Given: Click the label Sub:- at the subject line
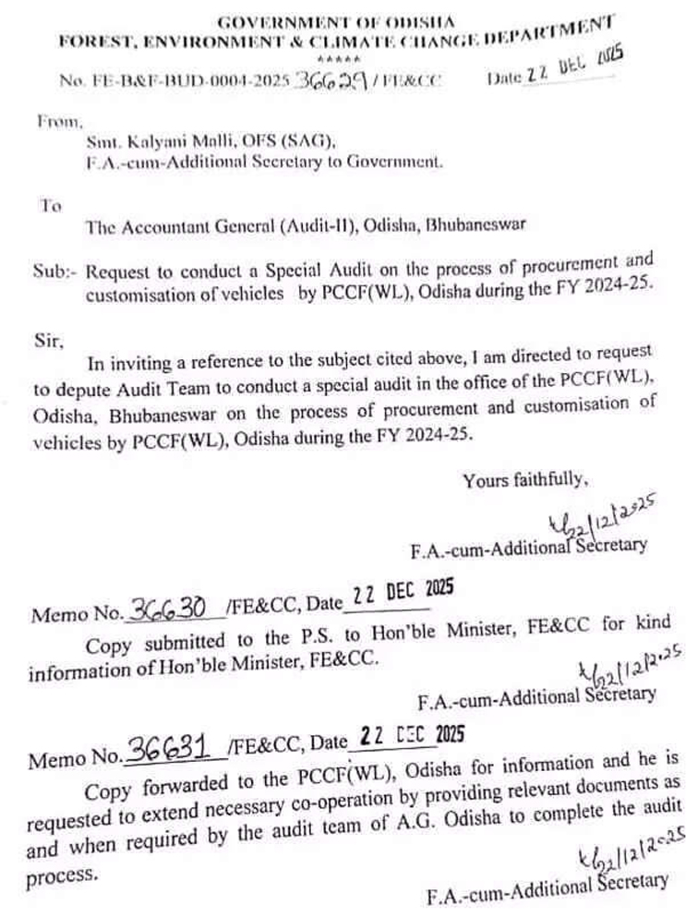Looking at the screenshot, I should (56, 271).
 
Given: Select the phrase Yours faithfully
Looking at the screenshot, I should (524, 479).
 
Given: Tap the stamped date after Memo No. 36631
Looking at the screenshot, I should (407, 736).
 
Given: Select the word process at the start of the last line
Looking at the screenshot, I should (61, 876).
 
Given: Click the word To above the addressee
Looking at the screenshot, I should (50, 206).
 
